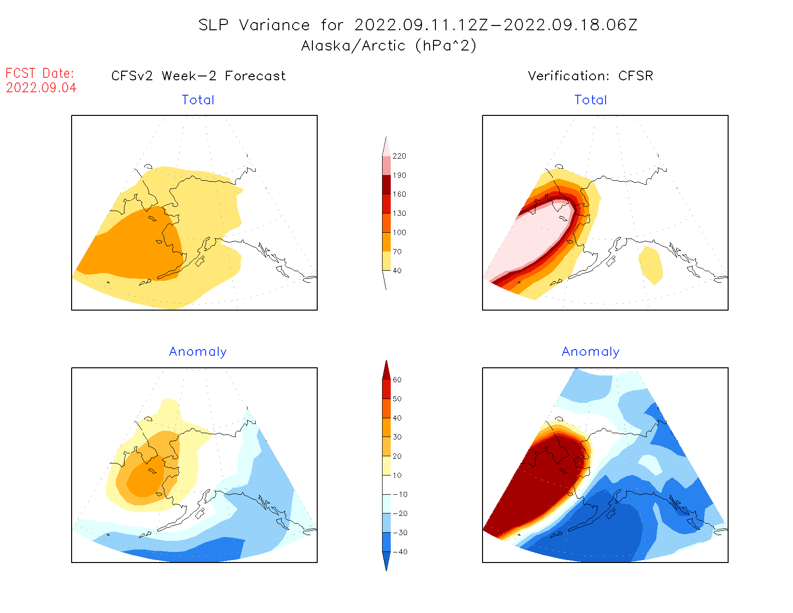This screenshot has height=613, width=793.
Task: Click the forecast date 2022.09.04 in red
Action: tap(41, 88)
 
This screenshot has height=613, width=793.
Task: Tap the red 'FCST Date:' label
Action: tap(40, 73)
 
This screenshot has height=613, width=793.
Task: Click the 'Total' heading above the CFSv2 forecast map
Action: tap(198, 100)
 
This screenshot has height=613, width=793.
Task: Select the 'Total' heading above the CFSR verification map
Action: tap(591, 100)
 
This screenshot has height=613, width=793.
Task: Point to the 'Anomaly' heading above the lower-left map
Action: tap(198, 351)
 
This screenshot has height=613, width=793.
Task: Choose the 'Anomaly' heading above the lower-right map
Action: tap(591, 351)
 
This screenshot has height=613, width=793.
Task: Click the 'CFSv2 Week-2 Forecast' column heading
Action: tap(198, 76)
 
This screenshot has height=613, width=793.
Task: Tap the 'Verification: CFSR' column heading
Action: tap(591, 76)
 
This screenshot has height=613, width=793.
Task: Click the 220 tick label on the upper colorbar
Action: tap(399, 156)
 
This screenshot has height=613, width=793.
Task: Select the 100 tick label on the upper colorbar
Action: tap(399, 233)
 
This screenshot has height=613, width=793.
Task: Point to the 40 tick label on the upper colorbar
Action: tap(397, 271)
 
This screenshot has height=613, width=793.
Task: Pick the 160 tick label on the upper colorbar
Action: tap(399, 194)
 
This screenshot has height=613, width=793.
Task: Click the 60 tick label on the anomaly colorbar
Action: tap(397, 380)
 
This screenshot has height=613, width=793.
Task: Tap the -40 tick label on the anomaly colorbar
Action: tap(399, 552)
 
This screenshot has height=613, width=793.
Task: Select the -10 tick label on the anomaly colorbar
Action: tap(399, 495)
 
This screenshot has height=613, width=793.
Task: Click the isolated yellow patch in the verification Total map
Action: tap(651, 264)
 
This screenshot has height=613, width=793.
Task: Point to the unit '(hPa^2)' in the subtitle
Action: tap(446, 46)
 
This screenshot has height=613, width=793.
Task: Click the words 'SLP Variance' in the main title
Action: tap(254, 25)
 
